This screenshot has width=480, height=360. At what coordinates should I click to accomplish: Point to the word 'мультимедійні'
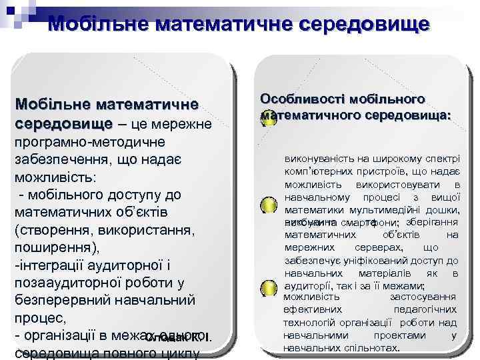click(381, 209)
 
